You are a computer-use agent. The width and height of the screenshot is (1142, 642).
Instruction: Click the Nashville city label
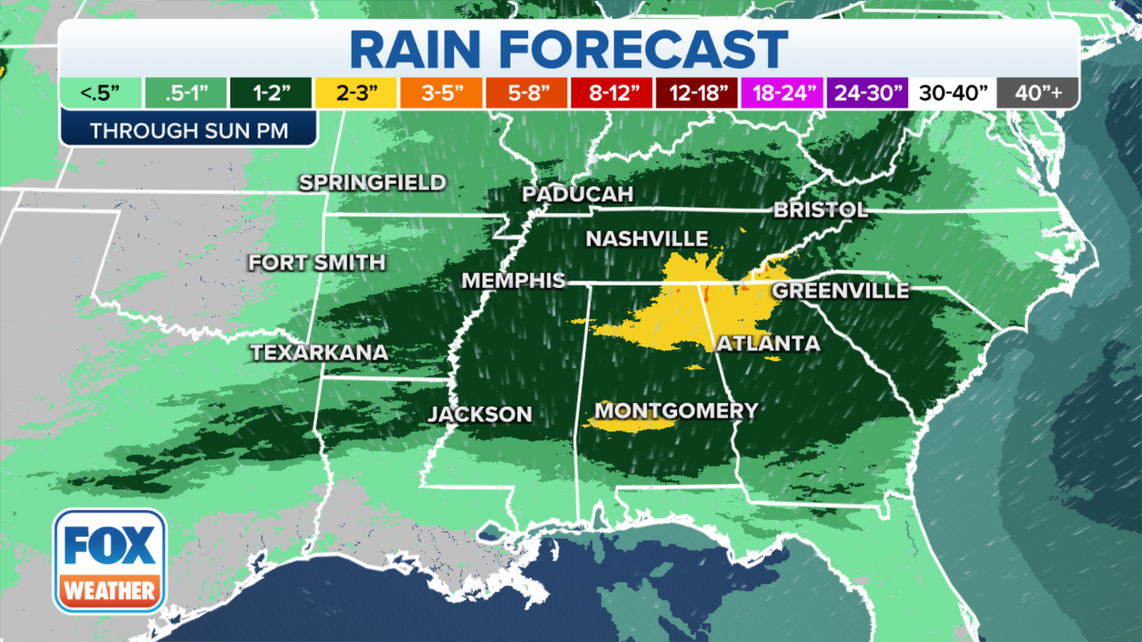(647, 239)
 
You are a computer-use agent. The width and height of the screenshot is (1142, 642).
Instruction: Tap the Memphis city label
(513, 281)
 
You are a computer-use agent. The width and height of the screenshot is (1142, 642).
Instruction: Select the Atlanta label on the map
(768, 344)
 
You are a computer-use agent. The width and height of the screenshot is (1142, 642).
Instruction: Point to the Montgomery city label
(676, 411)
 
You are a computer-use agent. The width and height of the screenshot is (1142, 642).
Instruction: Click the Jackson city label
(480, 414)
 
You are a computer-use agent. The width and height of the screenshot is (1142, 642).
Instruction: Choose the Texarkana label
(319, 353)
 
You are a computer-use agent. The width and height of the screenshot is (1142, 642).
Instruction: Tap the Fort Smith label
(317, 263)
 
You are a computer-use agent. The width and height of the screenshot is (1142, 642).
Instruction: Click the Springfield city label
(372, 182)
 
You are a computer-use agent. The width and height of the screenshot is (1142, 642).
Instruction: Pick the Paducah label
(578, 194)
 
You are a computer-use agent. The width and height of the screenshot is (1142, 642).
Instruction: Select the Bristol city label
(820, 210)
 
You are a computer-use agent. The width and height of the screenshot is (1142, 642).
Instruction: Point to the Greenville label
(840, 291)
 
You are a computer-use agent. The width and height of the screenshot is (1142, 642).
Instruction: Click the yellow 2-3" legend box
(356, 93)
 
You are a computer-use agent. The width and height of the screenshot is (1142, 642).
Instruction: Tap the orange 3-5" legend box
(441, 93)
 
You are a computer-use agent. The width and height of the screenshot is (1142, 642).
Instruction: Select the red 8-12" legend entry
(612, 93)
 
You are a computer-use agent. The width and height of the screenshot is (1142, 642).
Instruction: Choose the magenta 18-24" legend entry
(782, 93)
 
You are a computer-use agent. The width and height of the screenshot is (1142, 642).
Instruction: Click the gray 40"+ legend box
(1038, 93)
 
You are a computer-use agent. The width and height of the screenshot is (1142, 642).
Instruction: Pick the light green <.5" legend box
(101, 93)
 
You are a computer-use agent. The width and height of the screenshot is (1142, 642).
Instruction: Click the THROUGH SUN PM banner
(189, 130)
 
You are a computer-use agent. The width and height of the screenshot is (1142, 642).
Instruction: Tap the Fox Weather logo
(109, 561)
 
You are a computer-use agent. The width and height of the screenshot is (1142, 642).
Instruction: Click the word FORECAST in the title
(644, 50)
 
